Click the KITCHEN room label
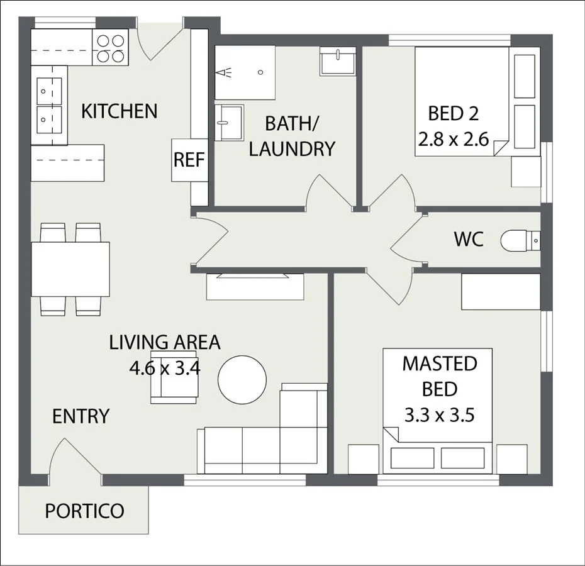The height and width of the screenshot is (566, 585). click(x=119, y=111)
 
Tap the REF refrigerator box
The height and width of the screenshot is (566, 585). click(x=189, y=160)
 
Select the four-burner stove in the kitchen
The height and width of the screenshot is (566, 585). click(x=111, y=48)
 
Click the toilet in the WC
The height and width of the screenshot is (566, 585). click(x=520, y=240)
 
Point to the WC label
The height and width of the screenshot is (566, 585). click(x=469, y=240)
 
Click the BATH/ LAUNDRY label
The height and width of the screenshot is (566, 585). click(x=292, y=136)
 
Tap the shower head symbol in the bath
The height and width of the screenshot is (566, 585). click(x=224, y=73)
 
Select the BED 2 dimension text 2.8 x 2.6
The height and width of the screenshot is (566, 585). click(x=453, y=140)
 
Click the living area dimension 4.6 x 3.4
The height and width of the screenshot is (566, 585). click(x=164, y=367)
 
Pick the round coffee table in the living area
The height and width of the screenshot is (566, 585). click(x=242, y=379)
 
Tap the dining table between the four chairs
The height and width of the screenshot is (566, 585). click(x=70, y=269)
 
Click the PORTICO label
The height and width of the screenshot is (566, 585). click(x=84, y=511)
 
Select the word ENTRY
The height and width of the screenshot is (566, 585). click(x=81, y=416)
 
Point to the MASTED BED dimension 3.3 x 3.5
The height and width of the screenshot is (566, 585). click(x=438, y=415)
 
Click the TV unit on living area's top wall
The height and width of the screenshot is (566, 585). click(x=255, y=287)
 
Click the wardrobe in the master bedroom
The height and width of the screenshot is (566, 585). click(x=501, y=292)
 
